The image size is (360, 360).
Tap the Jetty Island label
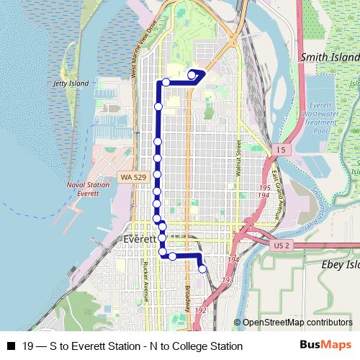71,84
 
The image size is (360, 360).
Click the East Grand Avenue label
275,195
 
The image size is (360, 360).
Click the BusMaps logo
325,345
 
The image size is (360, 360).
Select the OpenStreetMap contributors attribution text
297,323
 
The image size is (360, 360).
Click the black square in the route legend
10,346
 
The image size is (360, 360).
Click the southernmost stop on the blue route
202,269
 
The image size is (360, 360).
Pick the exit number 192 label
201,310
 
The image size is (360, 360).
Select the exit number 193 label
228,280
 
